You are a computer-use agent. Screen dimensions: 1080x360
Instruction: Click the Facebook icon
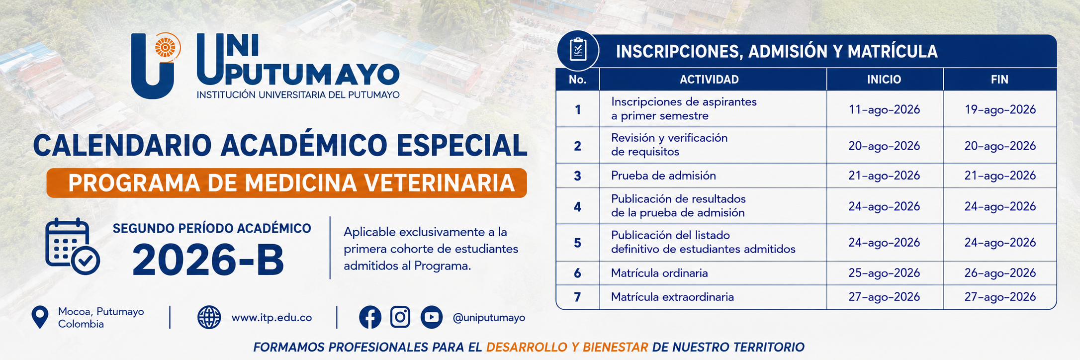370,317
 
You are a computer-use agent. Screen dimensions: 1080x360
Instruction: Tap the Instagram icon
400,317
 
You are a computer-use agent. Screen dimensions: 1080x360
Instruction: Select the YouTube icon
432,317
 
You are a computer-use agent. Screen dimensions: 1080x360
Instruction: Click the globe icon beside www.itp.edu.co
209,317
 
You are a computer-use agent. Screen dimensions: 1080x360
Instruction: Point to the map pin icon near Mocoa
40,317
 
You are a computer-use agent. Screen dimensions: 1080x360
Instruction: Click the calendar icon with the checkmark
72,247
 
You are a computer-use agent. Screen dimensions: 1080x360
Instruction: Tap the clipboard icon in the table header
578,50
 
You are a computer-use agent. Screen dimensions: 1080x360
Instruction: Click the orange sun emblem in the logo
166,48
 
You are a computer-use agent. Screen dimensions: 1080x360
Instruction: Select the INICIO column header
884,80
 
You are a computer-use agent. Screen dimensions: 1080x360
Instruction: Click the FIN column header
999,80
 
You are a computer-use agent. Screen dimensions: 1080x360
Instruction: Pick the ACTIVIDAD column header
709,80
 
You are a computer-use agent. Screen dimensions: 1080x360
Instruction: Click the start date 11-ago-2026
884,109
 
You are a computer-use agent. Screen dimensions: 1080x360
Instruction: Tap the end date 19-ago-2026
1000,109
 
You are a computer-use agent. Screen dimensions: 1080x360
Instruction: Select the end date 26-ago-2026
1000,273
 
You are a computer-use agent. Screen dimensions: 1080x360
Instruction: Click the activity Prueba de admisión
663,176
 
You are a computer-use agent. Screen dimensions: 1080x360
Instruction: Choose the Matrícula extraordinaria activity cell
672,297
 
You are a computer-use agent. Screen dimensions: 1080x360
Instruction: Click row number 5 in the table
577,243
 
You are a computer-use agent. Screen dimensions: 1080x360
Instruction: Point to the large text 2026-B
208,260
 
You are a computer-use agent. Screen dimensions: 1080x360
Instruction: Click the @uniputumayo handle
489,318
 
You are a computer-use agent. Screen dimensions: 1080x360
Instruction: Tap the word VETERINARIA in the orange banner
440,183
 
